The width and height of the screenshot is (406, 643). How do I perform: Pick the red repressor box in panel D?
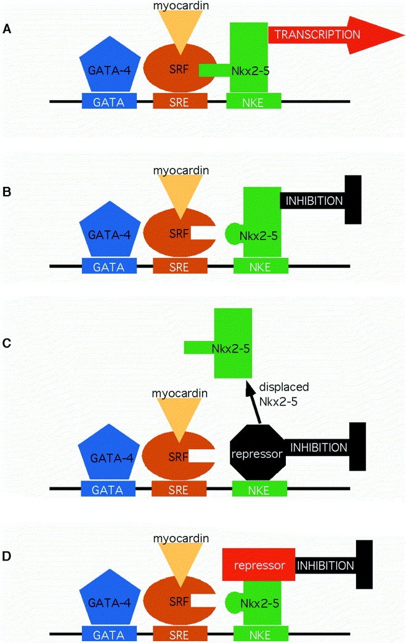tap(258, 564)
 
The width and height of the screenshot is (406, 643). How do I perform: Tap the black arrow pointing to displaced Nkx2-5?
tap(254, 402)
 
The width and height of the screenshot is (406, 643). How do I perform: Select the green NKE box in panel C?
tap(259, 490)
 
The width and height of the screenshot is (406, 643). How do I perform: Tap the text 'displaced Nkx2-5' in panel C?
tap(284, 393)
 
